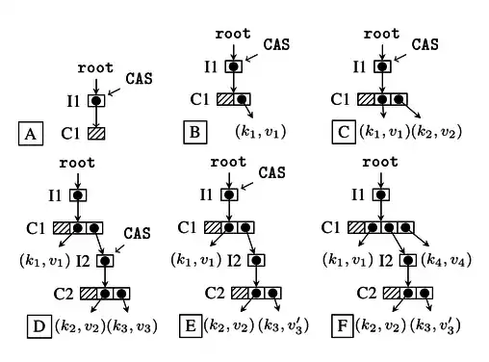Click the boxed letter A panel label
point(31,134)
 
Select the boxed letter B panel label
point(195,132)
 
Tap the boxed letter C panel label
point(344,132)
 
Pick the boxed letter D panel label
point(39,326)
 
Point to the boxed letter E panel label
point(191,326)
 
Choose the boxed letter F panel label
point(343,326)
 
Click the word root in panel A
point(95,67)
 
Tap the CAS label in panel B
point(276,44)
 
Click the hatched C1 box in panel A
point(96,134)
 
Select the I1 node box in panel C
point(382,66)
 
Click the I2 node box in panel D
point(105,261)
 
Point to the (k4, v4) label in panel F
point(447,260)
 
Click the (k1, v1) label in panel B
point(261,132)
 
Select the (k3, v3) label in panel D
point(132,326)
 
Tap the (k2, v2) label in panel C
point(436,132)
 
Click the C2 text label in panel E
point(215,293)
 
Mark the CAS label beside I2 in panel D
point(138,233)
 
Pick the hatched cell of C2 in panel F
point(392,293)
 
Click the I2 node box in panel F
point(408,260)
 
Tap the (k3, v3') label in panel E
point(283,325)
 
